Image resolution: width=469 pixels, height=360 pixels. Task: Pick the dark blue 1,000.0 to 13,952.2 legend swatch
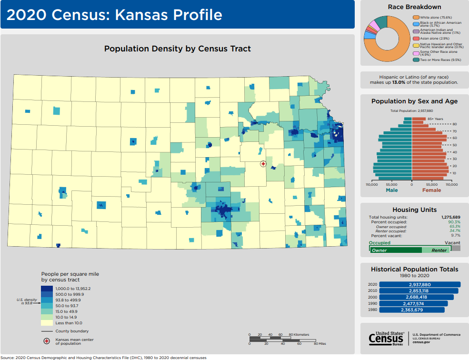pyautogui.click(x=47, y=289)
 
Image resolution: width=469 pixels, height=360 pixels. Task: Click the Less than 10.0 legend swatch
pyautogui.click(x=47, y=323)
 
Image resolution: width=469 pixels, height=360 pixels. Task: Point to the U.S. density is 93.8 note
pyautogui.click(x=27, y=301)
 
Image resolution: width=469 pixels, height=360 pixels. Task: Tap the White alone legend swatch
pyautogui.click(x=416, y=17)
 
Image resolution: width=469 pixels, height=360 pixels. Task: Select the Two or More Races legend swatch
pyautogui.click(x=416, y=60)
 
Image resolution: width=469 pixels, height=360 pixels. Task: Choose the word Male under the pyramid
pyautogui.click(x=391, y=190)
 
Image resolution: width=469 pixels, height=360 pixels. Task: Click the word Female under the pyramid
pyautogui.click(x=431, y=190)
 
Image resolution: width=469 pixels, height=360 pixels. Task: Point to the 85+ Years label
pyautogui.click(x=435, y=119)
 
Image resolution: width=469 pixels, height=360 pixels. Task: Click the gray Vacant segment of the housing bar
pyautogui.click(x=456, y=248)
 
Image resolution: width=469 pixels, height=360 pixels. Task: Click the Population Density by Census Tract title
pyautogui.click(x=177, y=49)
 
